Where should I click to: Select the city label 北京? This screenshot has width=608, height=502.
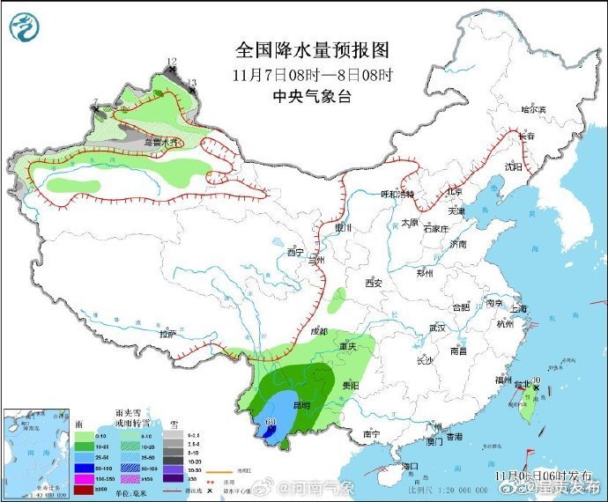[455, 191]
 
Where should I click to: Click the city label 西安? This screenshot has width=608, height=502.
[374, 283]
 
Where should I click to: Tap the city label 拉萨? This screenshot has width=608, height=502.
[167, 335]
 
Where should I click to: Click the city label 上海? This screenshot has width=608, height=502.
[517, 308]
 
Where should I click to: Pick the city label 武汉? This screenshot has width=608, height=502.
[437, 328]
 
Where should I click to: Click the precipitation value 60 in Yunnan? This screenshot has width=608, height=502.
[271, 424]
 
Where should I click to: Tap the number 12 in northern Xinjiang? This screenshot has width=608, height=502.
[172, 62]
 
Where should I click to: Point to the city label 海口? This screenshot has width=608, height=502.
[408, 465]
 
